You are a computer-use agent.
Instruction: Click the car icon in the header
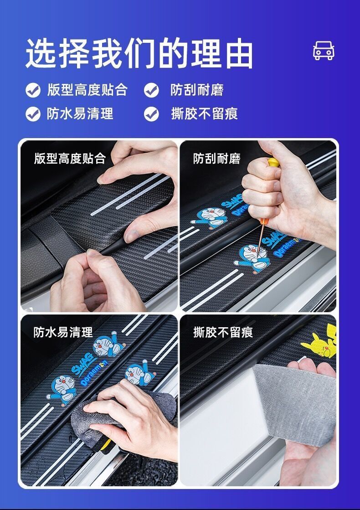pos(324,51)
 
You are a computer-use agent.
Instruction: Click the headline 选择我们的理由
pos(139,53)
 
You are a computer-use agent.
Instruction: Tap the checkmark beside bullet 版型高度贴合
pos(33,90)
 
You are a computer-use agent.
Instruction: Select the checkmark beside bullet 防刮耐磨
pos(152,90)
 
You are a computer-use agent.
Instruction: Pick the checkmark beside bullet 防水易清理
pos(33,114)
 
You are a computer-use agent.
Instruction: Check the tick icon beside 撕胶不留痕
pos(152,114)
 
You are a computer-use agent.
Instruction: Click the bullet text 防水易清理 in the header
pos(80,114)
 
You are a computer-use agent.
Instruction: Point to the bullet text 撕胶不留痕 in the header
pos(204,114)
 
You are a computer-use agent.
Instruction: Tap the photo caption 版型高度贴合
pos(70,159)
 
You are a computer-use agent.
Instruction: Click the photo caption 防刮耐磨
pos(216,159)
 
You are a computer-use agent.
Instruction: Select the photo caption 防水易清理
pos(63,332)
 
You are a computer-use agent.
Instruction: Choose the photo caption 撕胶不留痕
pos(223,332)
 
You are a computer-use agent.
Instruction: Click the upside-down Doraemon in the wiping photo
pos(109,345)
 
